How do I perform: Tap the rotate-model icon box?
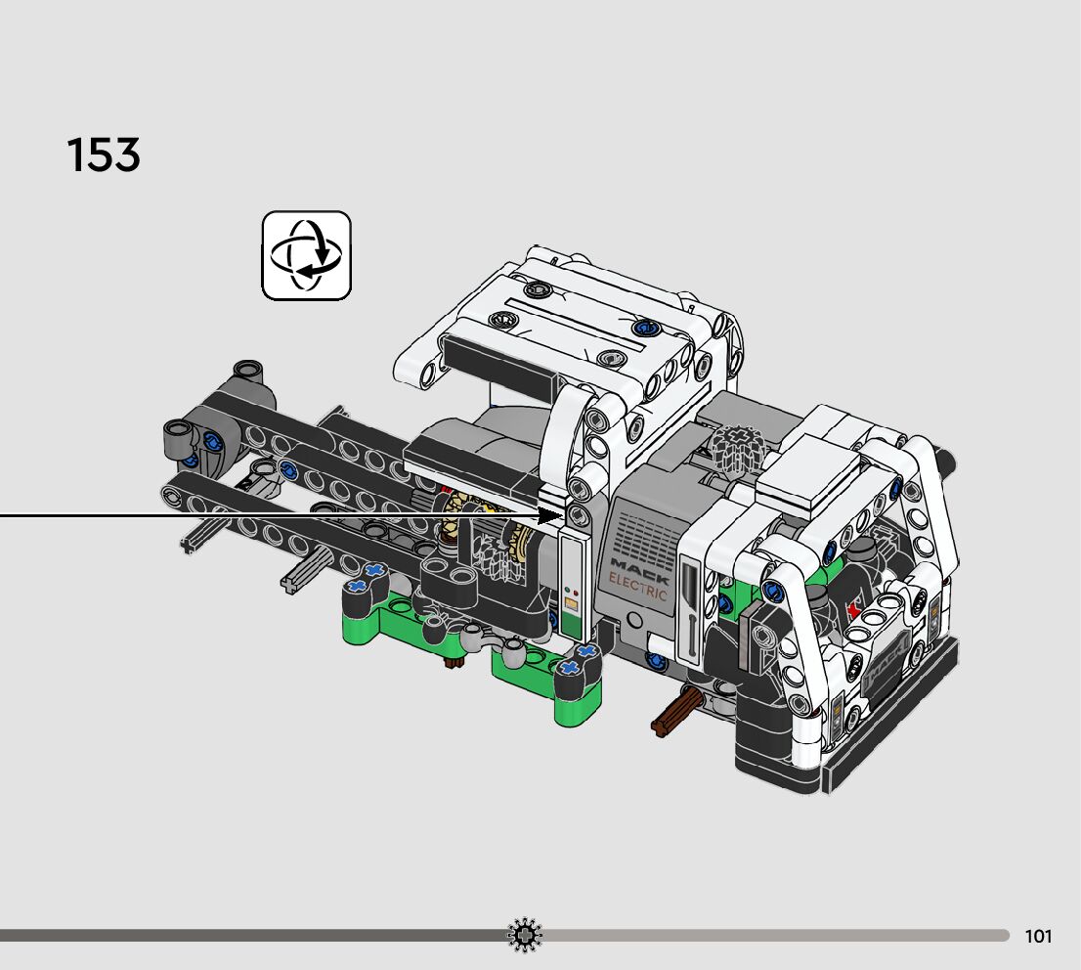click(306, 255)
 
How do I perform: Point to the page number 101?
click(1038, 936)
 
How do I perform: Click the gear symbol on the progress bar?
click(525, 936)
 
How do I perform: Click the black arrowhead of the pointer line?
click(550, 515)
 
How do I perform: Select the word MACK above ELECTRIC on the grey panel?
click(639, 570)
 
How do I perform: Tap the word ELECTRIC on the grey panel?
click(637, 587)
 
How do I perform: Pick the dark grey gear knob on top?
click(737, 446)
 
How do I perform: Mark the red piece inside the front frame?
click(855, 610)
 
